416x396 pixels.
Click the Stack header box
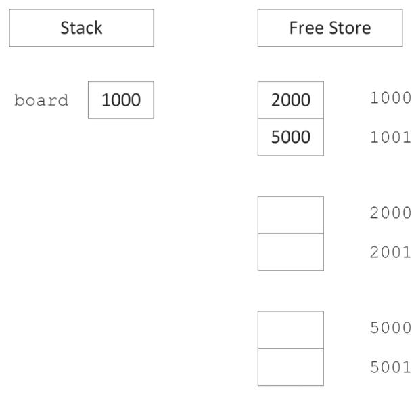[81, 28]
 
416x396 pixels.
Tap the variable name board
[41, 101]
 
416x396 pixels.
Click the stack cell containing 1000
[121, 100]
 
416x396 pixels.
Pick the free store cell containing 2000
[291, 100]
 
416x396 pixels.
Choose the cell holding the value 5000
[291, 137]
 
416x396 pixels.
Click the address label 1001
[390, 137]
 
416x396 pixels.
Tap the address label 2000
[390, 213]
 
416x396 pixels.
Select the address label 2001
[390, 252]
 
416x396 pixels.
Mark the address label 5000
[390, 328]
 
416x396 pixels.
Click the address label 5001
[390, 367]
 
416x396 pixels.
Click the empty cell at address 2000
[291, 215]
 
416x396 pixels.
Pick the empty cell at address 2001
[291, 252]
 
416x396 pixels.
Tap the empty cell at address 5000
[291, 330]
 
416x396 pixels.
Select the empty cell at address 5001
[291, 367]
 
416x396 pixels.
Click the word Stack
[81, 28]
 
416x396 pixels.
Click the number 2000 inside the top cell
[291, 100]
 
